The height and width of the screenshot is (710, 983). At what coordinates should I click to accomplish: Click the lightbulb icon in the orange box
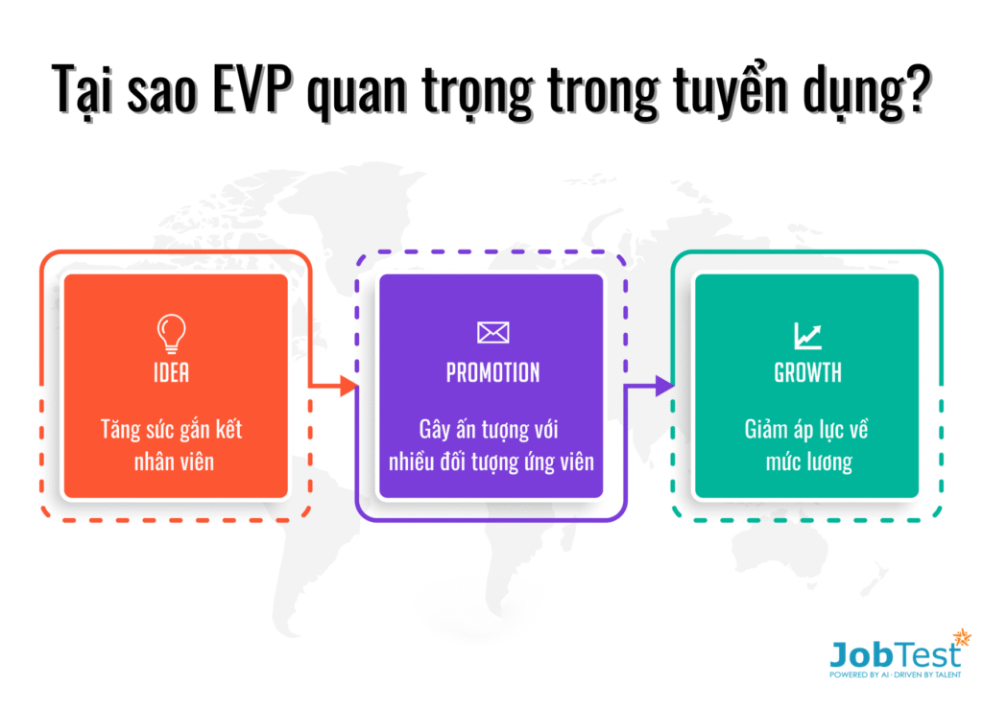pyautogui.click(x=171, y=333)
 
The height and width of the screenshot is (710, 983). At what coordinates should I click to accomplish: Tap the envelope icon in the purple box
pyautogui.click(x=492, y=332)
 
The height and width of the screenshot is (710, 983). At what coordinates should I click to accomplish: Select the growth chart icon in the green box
pyautogui.click(x=807, y=335)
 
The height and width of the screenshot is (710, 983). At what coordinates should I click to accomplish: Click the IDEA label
pyautogui.click(x=171, y=373)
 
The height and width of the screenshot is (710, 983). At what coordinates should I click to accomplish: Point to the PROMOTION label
pyautogui.click(x=492, y=373)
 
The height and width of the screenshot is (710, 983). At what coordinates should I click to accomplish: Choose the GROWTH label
pyautogui.click(x=807, y=373)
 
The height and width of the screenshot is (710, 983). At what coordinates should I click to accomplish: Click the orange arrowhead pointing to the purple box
pyautogui.click(x=348, y=386)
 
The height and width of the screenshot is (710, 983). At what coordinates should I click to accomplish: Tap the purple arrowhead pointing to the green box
pyautogui.click(x=664, y=386)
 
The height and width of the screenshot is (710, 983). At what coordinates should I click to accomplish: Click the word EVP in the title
pyautogui.click(x=252, y=89)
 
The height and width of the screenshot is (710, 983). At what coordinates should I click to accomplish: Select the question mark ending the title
pyautogui.click(x=919, y=89)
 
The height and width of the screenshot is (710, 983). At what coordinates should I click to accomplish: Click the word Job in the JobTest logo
pyautogui.click(x=861, y=655)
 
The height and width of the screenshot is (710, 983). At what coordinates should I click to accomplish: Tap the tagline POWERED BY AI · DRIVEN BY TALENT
pyautogui.click(x=896, y=674)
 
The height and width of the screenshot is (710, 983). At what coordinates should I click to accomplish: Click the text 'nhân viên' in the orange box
pyautogui.click(x=174, y=461)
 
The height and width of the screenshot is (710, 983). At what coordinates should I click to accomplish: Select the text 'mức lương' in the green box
pyautogui.click(x=808, y=462)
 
